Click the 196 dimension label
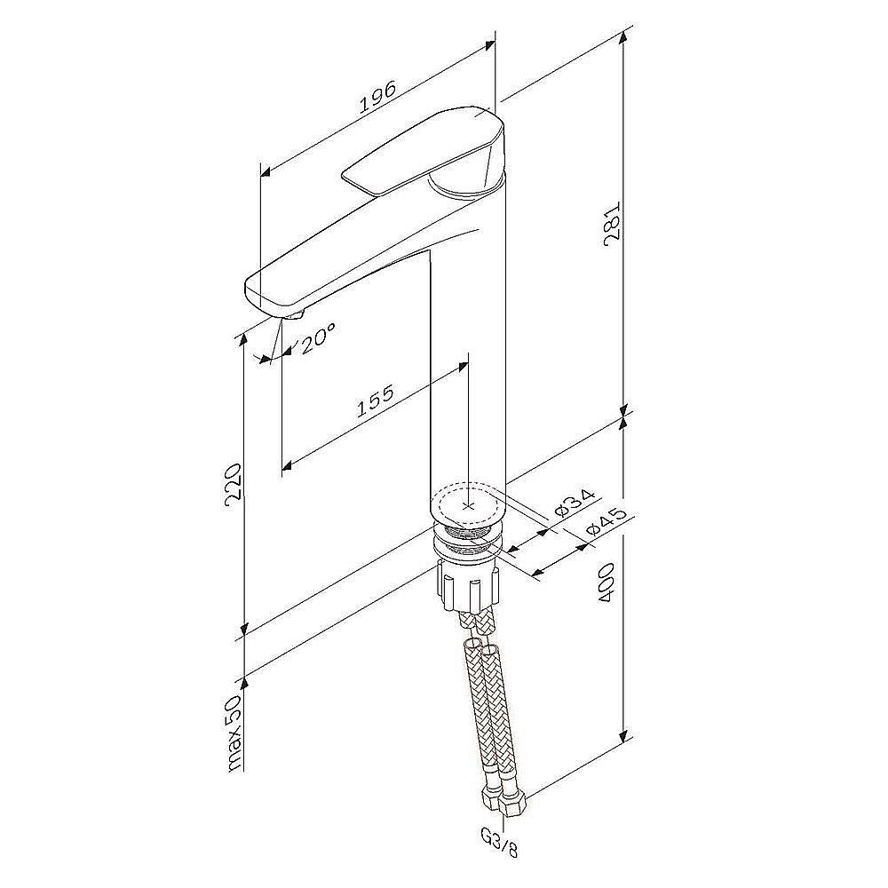click(377, 98)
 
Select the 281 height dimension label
click(613, 224)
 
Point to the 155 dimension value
click(375, 401)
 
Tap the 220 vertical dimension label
click(234, 481)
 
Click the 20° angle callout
click(317, 338)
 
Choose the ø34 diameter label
click(575, 503)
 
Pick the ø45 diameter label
click(607, 521)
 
